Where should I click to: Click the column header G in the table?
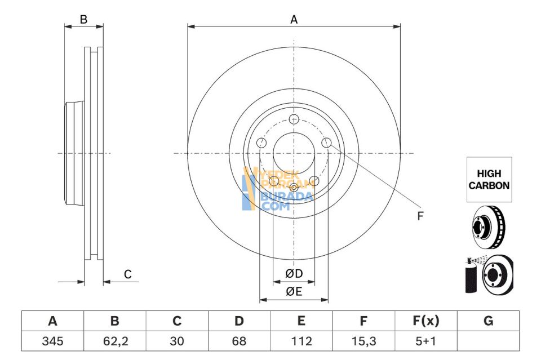click(488, 321)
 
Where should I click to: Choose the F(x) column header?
click(425, 321)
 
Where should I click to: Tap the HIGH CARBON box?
click(489, 180)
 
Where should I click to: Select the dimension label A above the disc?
click(294, 20)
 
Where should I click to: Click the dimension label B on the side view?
click(83, 20)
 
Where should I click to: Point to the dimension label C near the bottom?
click(128, 274)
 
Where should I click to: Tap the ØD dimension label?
click(294, 274)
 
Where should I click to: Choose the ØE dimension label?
click(294, 291)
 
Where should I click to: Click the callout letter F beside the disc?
click(420, 216)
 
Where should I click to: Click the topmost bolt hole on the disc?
click(294, 119)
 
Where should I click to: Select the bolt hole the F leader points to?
click(326, 143)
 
